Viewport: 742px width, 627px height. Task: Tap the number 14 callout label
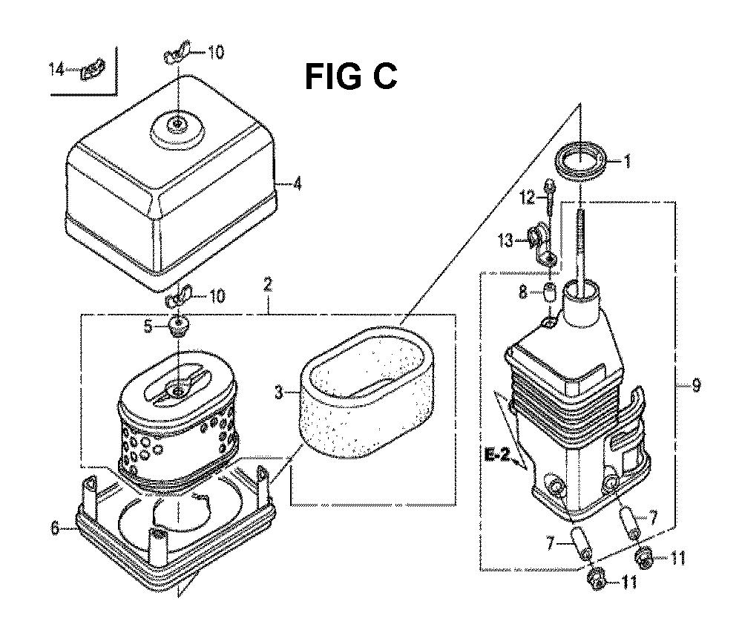click(x=57, y=70)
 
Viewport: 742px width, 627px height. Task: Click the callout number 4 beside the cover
click(x=297, y=183)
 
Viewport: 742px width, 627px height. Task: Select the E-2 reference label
click(x=497, y=456)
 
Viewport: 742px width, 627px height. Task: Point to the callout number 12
click(x=528, y=197)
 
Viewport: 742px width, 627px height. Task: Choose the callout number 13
click(x=505, y=240)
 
